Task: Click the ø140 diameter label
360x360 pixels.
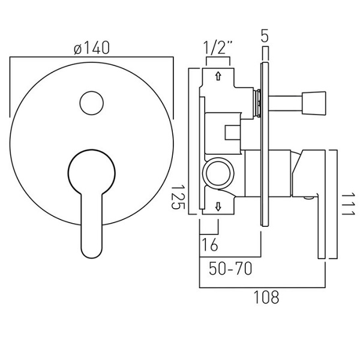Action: tap(92, 48)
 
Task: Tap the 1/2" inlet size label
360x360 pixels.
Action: tap(218, 48)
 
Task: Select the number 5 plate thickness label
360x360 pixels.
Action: tap(265, 35)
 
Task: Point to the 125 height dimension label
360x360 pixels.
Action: tap(178, 197)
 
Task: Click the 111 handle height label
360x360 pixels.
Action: tap(348, 205)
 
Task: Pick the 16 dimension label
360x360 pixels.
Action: tap(209, 245)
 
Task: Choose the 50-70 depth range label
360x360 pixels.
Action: tap(230, 268)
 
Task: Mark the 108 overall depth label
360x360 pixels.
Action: tap(266, 297)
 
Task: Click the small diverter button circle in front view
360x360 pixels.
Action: tap(92, 103)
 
